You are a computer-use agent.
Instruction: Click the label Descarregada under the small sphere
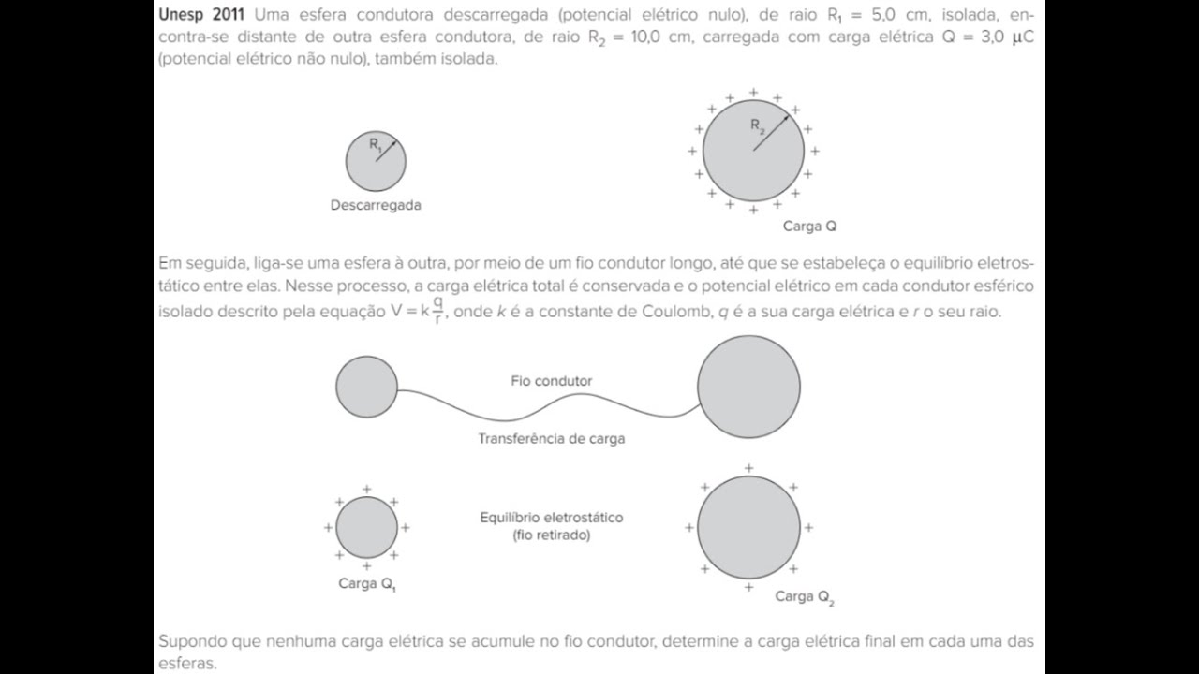(376, 205)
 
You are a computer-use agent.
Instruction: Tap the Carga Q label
(809, 227)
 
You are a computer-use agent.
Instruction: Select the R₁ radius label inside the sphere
(376, 144)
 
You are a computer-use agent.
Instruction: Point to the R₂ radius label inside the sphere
(758, 125)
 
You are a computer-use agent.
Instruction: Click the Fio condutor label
(552, 381)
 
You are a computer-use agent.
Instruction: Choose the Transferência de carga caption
(552, 439)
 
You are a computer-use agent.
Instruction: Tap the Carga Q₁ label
(367, 584)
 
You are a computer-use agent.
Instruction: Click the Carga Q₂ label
(805, 597)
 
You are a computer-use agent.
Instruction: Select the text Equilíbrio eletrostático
(552, 518)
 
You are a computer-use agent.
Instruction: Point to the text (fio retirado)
(552, 535)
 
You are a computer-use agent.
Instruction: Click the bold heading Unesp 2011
(201, 15)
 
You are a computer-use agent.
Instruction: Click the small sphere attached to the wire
(366, 387)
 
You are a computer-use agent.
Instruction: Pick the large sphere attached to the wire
(748, 387)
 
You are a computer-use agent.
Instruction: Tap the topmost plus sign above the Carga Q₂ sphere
(748, 469)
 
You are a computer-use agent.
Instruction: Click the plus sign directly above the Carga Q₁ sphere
(366, 489)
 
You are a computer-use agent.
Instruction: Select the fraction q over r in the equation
(437, 310)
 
